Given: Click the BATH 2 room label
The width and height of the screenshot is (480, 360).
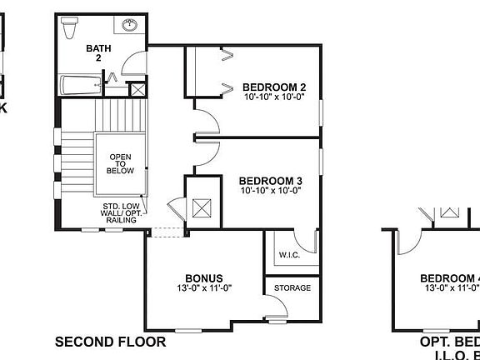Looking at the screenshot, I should (98, 53).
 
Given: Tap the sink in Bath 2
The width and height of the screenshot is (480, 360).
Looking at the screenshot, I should (130, 26).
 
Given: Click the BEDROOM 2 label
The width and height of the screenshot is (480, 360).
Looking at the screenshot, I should (274, 87).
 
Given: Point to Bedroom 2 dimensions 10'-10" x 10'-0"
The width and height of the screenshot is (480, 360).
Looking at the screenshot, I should (274, 97).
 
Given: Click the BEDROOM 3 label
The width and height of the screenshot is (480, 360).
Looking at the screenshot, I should (270, 180).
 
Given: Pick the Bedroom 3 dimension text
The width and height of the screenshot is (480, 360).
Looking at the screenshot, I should (270, 191).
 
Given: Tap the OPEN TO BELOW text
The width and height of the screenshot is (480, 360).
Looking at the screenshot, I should (120, 164).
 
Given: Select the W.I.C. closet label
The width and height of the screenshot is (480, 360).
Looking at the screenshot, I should (289, 254).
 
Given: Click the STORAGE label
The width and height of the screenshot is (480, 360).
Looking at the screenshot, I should (292, 288).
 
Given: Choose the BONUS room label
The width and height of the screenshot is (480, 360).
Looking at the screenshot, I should (203, 278).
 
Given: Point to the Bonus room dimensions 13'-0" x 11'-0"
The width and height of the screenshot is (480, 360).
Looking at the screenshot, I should (203, 289).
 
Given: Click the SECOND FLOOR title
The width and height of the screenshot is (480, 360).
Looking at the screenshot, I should (110, 342).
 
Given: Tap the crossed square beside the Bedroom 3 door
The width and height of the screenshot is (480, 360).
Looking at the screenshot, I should (200, 208).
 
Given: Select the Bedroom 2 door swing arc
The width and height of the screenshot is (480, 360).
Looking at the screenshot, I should (209, 121).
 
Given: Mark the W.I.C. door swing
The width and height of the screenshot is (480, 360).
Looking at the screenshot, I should (308, 242).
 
